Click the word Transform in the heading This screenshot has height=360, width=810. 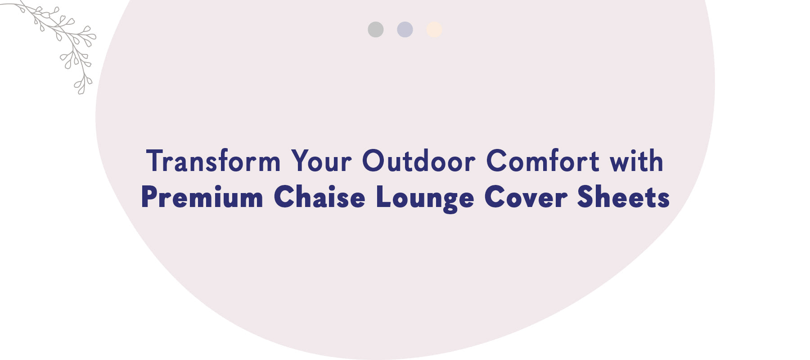click(x=213, y=161)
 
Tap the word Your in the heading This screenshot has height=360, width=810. click(x=321, y=161)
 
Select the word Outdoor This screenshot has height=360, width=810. click(x=419, y=161)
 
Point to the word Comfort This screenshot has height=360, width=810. click(x=543, y=161)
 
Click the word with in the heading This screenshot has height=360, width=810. click(x=637, y=161)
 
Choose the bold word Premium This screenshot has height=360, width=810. click(x=202, y=198)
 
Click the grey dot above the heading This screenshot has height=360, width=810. click(x=376, y=30)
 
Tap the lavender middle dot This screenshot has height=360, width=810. click(x=405, y=30)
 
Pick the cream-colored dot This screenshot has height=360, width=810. click(x=434, y=30)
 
